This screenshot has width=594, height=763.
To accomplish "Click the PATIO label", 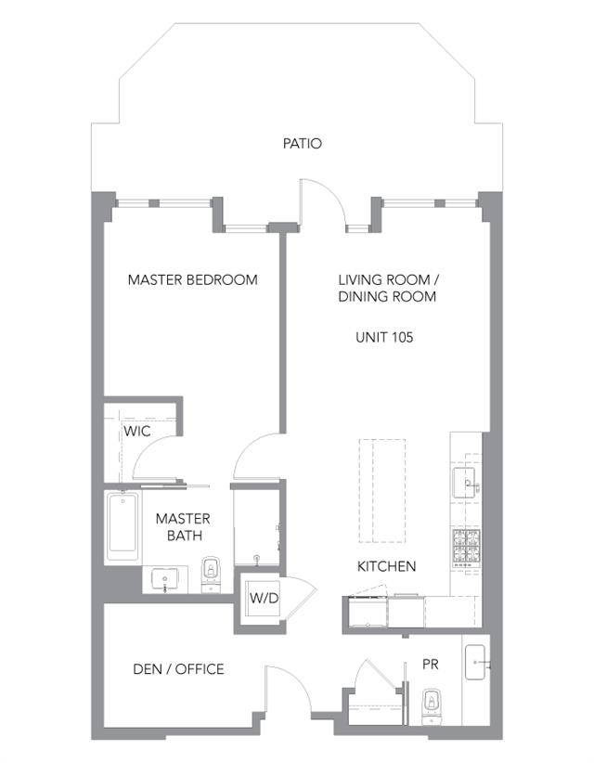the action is click(303, 144).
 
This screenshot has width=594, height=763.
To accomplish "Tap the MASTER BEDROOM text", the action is click(193, 279).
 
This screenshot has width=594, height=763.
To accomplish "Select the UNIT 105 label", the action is click(384, 337).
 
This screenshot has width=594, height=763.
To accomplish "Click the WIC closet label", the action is click(136, 431).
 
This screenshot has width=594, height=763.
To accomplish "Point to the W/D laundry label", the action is click(265, 598).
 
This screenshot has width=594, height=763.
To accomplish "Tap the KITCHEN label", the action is click(387, 566).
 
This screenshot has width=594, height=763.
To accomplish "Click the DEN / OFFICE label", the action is click(178, 669).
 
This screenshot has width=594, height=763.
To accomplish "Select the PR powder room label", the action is click(431, 665).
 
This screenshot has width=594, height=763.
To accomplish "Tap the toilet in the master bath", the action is click(211, 575).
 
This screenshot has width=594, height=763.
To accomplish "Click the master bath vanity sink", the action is click(165, 579).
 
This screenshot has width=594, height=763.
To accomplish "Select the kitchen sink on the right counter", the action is click(465, 483).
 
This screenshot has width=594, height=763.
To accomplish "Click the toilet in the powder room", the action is click(430, 706).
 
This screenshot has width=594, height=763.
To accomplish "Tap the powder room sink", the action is click(476, 662).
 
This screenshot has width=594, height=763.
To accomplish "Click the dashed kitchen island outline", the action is click(382, 490).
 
